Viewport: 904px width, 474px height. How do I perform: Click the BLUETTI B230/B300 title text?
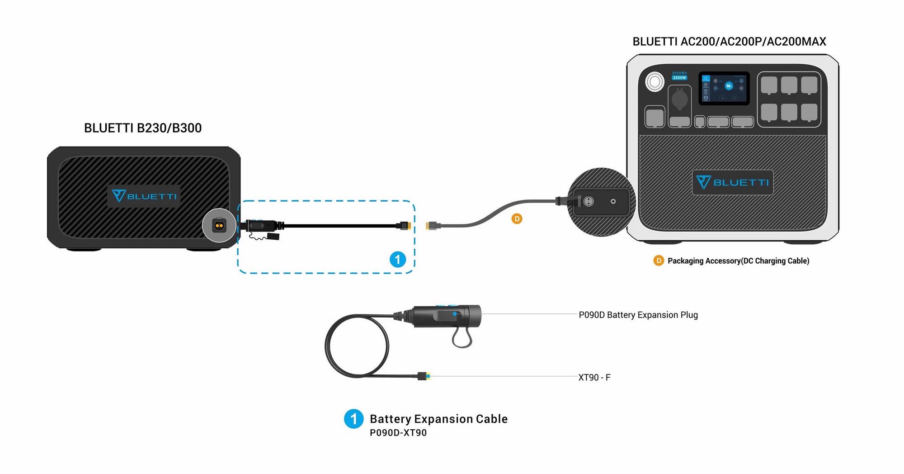point(143,128)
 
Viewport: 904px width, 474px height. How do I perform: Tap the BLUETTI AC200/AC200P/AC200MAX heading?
point(729,42)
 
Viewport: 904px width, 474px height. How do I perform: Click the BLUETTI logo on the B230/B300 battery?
point(144,196)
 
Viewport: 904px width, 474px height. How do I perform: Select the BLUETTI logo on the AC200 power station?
point(732,182)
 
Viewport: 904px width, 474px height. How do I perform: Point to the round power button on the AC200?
point(654,82)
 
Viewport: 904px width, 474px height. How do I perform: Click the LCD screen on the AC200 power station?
point(724,88)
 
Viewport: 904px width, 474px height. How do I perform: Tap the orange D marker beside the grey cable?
point(517,219)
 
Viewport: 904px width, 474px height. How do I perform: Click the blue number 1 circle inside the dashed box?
point(398,260)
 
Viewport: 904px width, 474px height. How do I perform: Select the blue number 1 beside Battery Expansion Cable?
point(353,419)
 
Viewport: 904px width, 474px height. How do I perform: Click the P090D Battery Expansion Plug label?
point(638,315)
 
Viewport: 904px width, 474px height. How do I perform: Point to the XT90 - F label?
point(594,377)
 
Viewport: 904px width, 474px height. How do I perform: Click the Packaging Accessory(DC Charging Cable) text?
point(738,261)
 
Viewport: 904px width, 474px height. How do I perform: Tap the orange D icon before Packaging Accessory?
point(659,261)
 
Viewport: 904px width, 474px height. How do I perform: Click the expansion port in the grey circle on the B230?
point(219,225)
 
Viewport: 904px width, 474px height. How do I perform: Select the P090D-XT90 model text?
point(398,433)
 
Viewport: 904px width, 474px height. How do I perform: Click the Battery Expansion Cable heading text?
point(438,419)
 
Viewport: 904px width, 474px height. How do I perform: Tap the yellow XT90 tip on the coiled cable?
point(428,376)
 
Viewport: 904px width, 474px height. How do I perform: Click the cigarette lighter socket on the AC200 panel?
point(679,99)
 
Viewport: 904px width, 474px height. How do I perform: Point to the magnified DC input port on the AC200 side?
point(589,201)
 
